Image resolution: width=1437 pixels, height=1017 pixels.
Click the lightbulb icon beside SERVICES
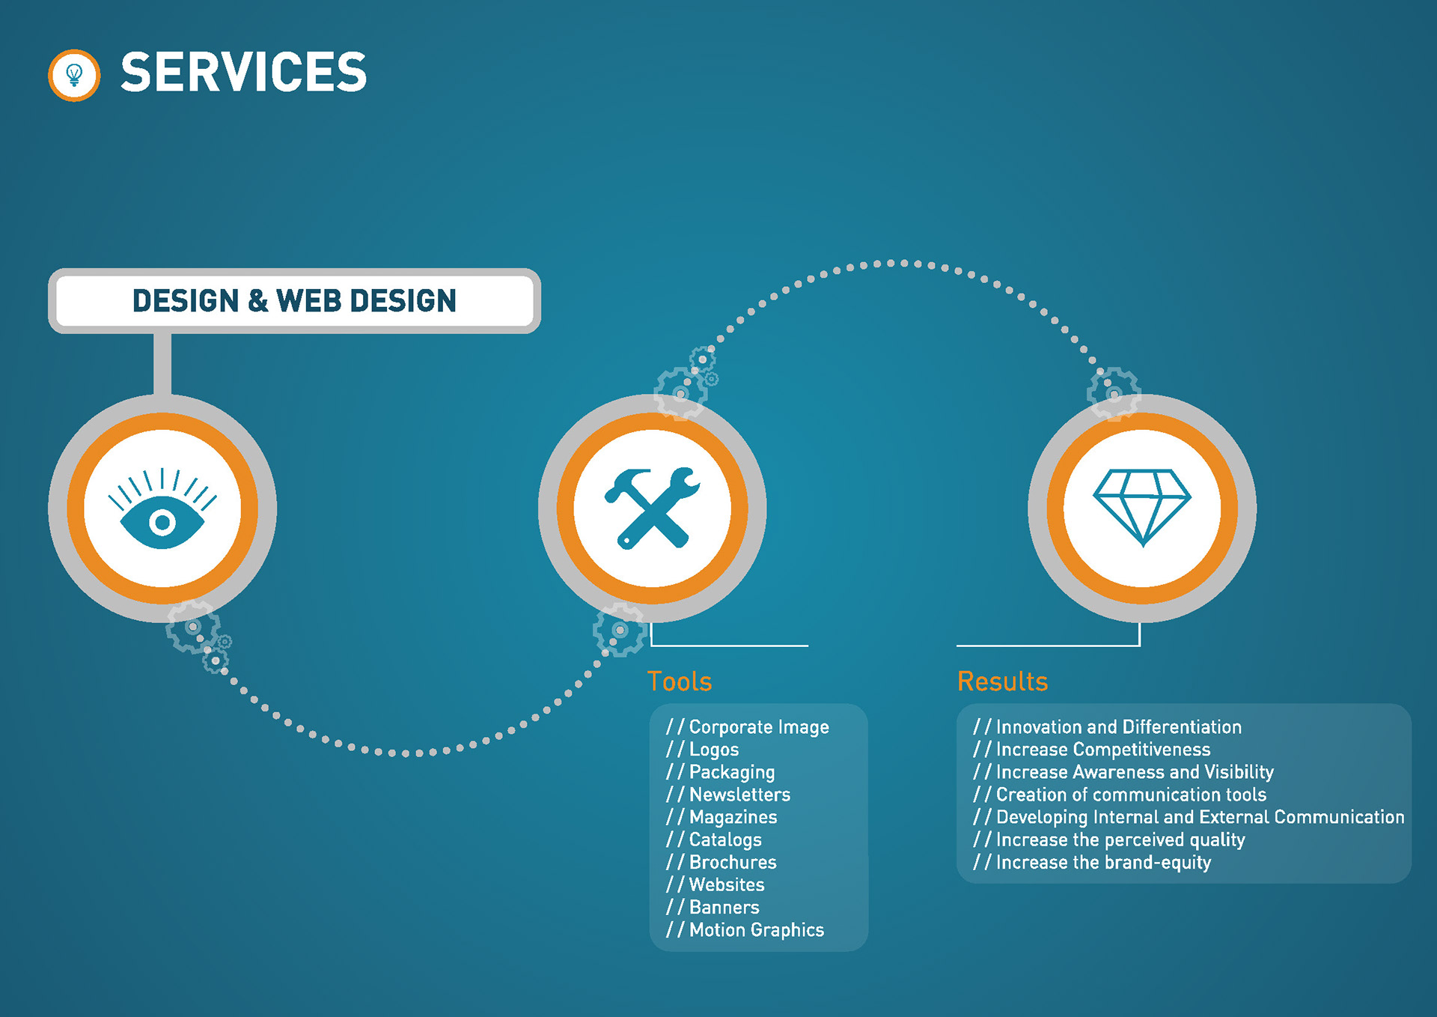tap(74, 75)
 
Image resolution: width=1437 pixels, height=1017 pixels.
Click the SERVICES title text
tap(244, 73)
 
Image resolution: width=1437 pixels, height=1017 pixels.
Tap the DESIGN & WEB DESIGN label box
tap(294, 300)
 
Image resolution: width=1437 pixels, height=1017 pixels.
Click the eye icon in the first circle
tap(162, 508)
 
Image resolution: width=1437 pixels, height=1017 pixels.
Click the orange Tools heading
tap(680, 681)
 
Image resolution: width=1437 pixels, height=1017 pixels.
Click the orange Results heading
tap(1002, 681)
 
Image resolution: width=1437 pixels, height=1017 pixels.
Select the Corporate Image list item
tap(748, 727)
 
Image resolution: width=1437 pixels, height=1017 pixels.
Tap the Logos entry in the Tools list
tap(703, 750)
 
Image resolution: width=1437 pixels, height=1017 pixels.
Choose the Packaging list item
tap(721, 772)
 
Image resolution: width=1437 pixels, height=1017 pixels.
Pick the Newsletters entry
tap(728, 795)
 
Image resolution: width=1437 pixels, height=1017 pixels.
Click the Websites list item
tap(716, 884)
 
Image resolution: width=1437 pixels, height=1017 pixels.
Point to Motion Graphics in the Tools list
tap(745, 930)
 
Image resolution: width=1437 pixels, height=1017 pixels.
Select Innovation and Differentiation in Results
tap(1107, 727)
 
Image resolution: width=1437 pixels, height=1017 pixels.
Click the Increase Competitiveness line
tap(1091, 750)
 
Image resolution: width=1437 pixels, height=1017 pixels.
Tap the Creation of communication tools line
tap(1120, 795)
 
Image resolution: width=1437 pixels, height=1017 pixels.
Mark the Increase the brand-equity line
tap(1092, 863)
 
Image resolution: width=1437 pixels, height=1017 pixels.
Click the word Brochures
tap(733, 862)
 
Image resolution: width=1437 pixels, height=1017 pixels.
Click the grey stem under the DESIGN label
tap(162, 364)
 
